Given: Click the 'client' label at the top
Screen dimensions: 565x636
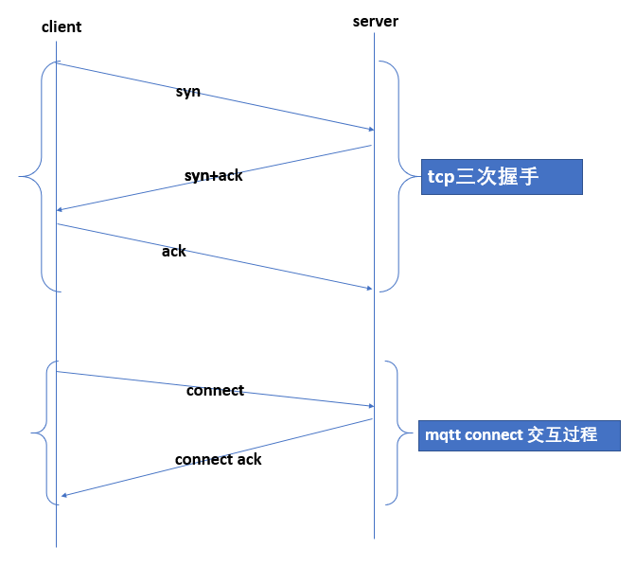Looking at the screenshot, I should click(62, 26).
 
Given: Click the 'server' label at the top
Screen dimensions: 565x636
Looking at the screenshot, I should click(375, 22).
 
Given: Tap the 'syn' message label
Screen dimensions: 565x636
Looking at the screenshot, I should click(187, 92).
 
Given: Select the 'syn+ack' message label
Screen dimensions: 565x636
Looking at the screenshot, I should click(213, 175).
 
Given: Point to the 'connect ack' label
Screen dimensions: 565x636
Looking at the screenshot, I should click(218, 459).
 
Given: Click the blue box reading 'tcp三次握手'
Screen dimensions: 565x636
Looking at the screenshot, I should click(501, 176).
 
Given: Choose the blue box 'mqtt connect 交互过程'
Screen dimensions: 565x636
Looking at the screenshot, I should click(519, 435).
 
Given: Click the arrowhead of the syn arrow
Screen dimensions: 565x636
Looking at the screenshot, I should click(369, 129).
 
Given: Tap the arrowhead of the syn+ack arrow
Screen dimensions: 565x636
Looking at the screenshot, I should click(62, 209).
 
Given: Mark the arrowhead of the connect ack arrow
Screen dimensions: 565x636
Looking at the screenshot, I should click(65, 495).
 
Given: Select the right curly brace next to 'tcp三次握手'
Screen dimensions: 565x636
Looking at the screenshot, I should click(398, 176).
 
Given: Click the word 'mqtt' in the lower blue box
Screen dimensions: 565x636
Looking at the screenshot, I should click(442, 435).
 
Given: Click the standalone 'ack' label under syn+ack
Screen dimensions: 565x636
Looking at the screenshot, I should click(174, 252).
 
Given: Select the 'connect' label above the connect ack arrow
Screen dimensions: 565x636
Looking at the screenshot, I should click(215, 390).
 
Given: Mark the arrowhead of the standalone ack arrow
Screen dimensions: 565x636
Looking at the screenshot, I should click(369, 289).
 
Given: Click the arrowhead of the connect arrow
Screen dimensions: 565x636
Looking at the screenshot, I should click(369, 406).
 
